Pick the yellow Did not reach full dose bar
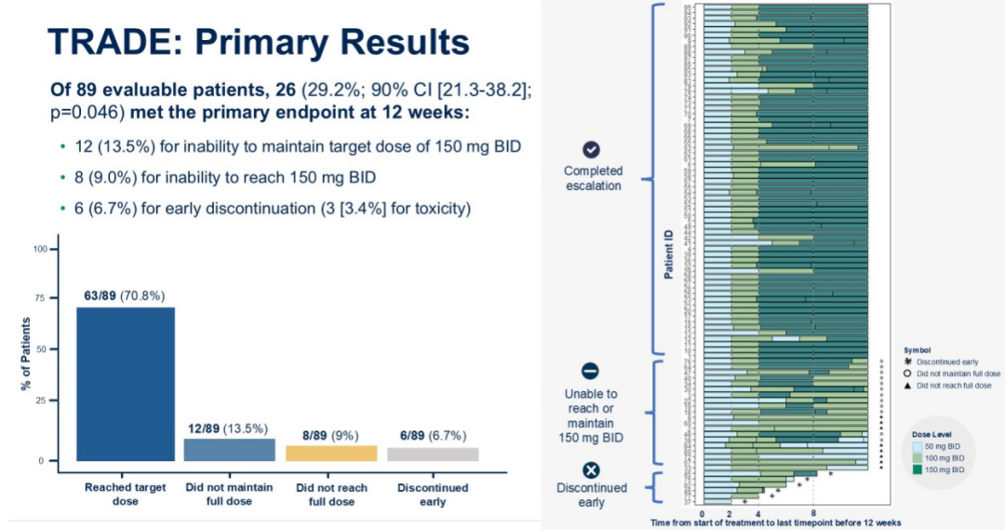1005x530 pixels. click(x=332, y=453)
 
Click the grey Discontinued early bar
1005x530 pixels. click(x=432, y=454)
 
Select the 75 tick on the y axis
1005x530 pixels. click(x=39, y=299)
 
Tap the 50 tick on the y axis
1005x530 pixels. click(x=39, y=349)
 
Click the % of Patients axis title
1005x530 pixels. click(x=26, y=354)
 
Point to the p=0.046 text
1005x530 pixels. click(x=86, y=111)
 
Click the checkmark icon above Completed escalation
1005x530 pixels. click(x=591, y=150)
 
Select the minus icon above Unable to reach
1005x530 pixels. click(x=591, y=370)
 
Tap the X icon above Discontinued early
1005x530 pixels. click(x=591, y=470)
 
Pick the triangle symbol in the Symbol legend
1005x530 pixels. click(x=907, y=385)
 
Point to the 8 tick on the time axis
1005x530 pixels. click(x=813, y=512)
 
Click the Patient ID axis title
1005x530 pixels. click(x=668, y=255)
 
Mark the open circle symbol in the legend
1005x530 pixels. click(x=907, y=373)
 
